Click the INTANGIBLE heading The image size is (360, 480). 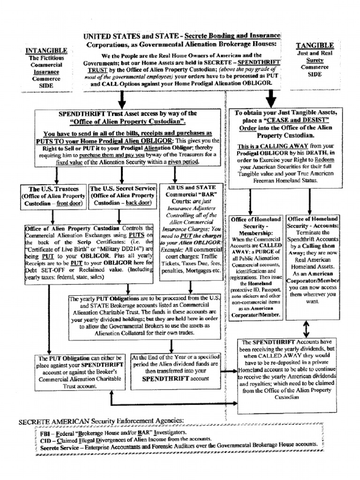(x=46, y=50)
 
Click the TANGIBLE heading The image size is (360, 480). (x=315, y=45)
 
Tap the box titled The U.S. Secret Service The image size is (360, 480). (x=122, y=196)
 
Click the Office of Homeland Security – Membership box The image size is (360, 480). (x=256, y=267)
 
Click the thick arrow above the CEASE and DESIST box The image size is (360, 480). (x=271, y=99)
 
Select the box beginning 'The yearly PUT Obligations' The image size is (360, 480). (x=144, y=317)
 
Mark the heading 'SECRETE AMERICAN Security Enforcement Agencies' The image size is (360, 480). (x=101, y=421)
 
